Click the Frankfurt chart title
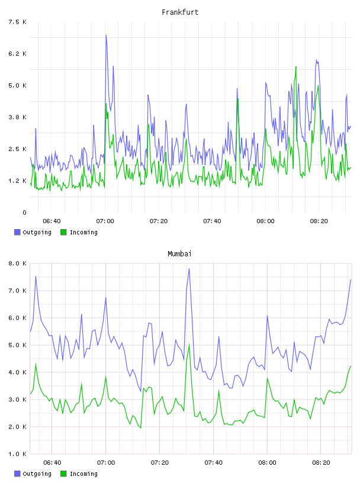[180, 12]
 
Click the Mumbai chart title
[179, 254]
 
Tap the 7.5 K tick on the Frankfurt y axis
[17, 22]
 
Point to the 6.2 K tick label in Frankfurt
[17, 54]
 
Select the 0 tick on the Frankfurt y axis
[24, 212]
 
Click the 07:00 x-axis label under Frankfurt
[105, 221]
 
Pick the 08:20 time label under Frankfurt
[319, 221]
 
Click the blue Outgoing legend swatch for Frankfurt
[17, 232]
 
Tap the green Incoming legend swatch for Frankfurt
[63, 232]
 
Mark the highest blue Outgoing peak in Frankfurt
[106, 36]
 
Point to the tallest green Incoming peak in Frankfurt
[296, 67]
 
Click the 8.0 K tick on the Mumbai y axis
[17, 263]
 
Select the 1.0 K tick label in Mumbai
[17, 454]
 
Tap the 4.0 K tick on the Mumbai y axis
[17, 372]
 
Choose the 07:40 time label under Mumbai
[213, 463]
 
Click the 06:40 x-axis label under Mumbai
[52, 463]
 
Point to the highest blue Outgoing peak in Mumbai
[189, 269]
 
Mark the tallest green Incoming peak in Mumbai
[189, 344]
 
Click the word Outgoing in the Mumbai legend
[37, 474]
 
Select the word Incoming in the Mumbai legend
[83, 474]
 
